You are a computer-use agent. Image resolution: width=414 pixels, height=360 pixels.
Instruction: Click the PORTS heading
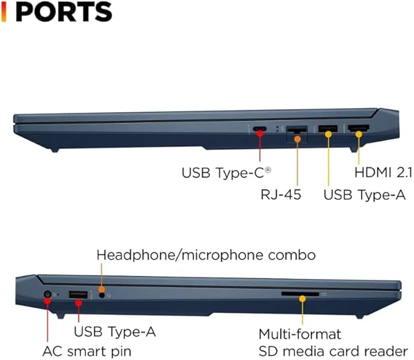[64, 12]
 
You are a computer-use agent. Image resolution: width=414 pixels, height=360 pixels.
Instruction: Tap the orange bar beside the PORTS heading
[4, 12]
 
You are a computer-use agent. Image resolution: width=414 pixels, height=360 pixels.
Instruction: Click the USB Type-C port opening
[260, 129]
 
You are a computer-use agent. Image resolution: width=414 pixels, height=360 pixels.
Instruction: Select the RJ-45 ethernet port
[297, 129]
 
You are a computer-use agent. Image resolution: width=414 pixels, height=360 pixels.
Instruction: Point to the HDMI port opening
[359, 128]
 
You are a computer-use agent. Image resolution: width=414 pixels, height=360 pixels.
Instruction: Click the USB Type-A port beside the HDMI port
[328, 129]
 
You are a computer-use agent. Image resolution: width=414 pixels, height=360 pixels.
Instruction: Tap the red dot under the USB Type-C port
[260, 134]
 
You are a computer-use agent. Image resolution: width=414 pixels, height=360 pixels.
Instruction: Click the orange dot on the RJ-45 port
[298, 139]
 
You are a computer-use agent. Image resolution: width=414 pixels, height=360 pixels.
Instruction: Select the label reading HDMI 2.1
[384, 172]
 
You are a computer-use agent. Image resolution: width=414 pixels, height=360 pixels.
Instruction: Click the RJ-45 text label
[280, 195]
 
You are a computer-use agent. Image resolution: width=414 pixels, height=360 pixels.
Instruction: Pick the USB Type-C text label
[226, 173]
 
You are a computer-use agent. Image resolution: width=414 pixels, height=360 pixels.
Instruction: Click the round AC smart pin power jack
[48, 294]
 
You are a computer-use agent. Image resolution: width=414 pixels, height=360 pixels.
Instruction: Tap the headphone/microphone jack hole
[102, 295]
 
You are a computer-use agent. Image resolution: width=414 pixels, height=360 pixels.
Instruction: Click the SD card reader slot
[300, 294]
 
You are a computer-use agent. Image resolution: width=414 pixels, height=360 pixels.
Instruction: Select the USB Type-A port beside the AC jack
[78, 295]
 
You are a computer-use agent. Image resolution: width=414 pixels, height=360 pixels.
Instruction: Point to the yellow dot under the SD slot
[302, 299]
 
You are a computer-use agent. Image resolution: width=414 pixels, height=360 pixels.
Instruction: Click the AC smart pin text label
[87, 351]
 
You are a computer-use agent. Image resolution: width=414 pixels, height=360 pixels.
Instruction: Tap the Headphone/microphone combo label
[206, 255]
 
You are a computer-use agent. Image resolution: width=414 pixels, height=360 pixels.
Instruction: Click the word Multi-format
[300, 334]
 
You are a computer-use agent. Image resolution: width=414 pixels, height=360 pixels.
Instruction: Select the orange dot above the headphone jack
[101, 289]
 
